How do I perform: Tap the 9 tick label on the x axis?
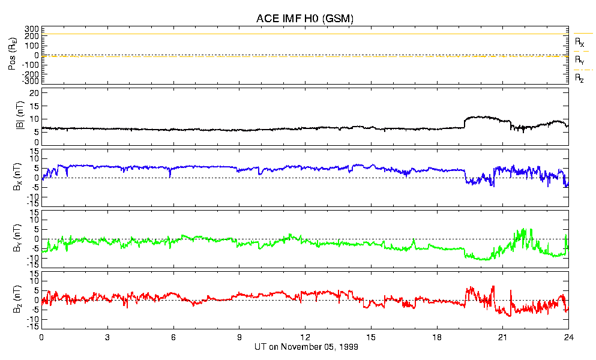[x=239, y=337]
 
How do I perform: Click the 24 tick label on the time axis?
[x=568, y=337]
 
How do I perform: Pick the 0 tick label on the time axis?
[x=41, y=337]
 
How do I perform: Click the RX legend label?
[x=579, y=43]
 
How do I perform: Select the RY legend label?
[x=579, y=61]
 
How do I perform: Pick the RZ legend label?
[x=579, y=79]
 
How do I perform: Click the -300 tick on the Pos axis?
[x=30, y=81]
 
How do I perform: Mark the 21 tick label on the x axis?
[x=502, y=337]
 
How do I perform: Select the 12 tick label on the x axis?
[x=305, y=337]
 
